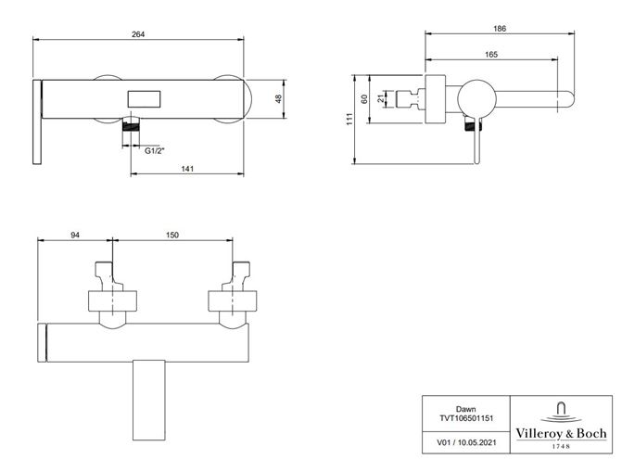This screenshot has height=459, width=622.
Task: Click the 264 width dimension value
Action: pos(138,34)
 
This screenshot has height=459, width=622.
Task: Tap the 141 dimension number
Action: pos(187,169)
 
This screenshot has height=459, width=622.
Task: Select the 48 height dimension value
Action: pos(278,99)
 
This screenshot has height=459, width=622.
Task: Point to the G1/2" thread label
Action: pos(154,151)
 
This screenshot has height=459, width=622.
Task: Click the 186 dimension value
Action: pos(500,29)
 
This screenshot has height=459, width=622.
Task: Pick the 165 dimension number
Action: pos(491,55)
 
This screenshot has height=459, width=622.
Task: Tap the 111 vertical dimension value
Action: pos(349,119)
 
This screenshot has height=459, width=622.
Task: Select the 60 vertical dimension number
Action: pos(364,99)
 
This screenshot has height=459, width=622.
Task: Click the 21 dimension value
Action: pos(381,98)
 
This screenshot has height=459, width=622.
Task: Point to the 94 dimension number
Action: pos(75,235)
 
